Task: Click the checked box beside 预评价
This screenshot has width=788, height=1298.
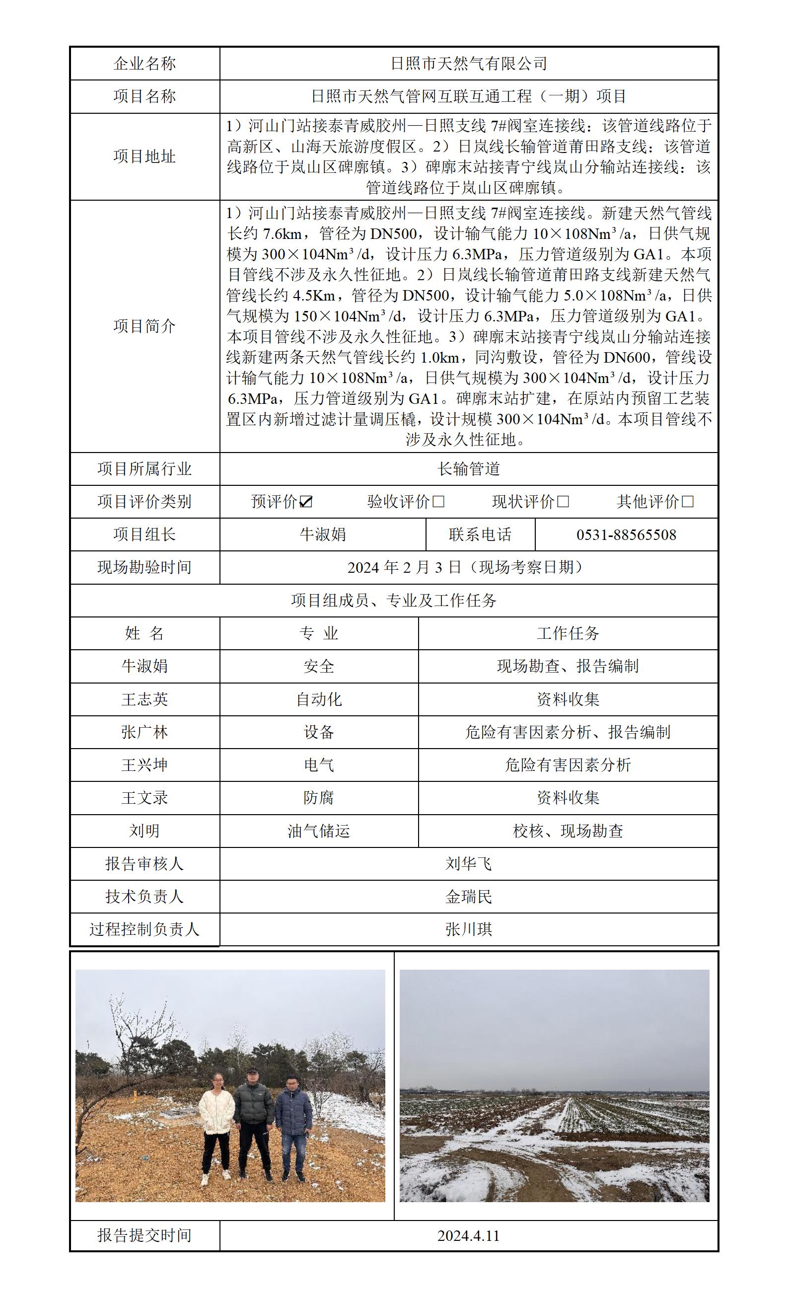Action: click(x=306, y=502)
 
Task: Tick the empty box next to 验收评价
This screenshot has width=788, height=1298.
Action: click(x=438, y=502)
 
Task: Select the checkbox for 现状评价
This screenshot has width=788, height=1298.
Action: click(x=563, y=502)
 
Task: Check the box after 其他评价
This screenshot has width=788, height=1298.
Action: click(x=688, y=502)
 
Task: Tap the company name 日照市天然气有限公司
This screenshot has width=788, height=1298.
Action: click(x=469, y=64)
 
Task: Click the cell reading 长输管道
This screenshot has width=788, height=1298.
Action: click(x=469, y=469)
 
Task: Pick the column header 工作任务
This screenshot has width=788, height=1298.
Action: click(x=568, y=633)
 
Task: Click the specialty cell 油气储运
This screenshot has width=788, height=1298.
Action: click(x=318, y=831)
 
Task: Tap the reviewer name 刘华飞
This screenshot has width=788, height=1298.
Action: click(x=469, y=863)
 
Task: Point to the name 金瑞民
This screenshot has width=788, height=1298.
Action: click(x=469, y=897)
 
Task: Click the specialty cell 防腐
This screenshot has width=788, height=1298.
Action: click(x=318, y=798)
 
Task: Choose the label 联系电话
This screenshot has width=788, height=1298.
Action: click(x=480, y=534)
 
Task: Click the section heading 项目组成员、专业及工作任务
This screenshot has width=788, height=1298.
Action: click(x=394, y=601)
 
